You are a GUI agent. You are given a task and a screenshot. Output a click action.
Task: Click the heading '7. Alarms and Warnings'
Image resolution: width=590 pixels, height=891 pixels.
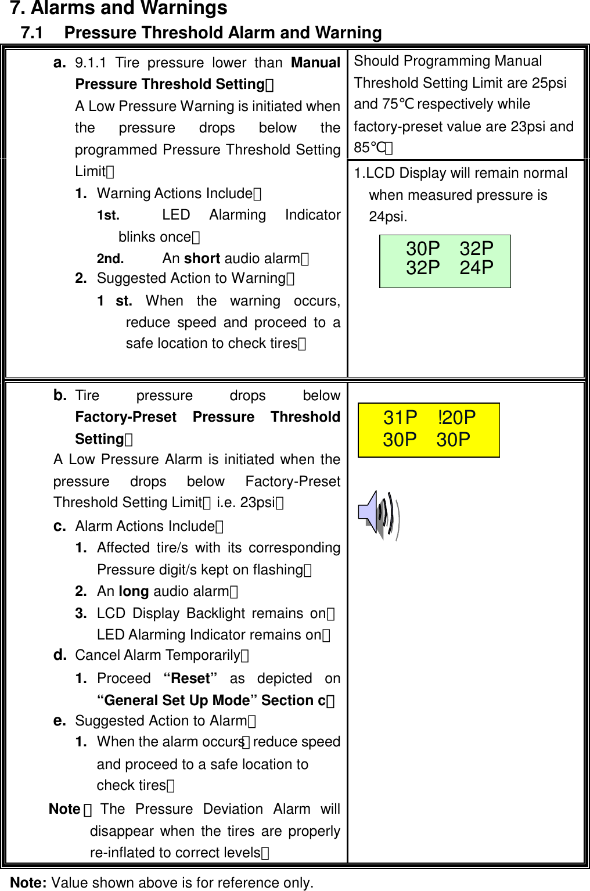coord(118,9)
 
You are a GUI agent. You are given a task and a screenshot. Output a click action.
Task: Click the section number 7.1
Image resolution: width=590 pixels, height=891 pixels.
coord(32,33)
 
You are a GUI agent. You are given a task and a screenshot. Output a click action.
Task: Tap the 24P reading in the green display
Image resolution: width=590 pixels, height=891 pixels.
coord(476,268)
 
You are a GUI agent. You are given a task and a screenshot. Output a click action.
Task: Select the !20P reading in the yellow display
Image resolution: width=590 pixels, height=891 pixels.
coord(456,418)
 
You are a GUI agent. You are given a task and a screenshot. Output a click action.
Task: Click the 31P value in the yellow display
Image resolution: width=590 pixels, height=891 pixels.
coord(400,418)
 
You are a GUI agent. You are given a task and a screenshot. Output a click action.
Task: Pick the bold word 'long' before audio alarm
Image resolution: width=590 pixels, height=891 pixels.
coord(134,591)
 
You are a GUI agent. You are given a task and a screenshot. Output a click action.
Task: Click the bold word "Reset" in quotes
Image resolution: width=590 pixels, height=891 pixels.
coord(190,678)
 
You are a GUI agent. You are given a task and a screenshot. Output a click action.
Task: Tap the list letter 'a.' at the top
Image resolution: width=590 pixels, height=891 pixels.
coord(59,63)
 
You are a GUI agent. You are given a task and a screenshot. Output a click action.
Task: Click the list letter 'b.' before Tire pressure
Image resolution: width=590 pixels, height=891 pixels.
coord(59,396)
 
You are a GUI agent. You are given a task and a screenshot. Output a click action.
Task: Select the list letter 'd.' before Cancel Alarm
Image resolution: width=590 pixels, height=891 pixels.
coord(59,655)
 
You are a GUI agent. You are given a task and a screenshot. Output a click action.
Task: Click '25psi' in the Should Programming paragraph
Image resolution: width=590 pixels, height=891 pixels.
coord(549,83)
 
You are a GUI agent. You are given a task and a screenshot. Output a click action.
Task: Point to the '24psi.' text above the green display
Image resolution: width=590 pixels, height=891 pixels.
coord(388,217)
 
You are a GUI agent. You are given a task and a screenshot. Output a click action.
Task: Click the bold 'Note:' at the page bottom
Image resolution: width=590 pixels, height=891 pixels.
coord(28,883)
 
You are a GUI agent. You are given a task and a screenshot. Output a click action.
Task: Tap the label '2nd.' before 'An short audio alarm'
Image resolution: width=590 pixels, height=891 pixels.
coord(110,258)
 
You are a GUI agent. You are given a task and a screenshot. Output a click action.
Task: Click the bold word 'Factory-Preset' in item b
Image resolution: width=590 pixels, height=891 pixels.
coord(125,417)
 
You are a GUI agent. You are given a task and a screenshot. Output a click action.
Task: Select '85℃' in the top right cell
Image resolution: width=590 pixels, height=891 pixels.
coord(370,148)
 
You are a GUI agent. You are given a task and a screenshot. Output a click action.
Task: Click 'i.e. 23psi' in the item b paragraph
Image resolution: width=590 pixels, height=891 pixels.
coord(246,502)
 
